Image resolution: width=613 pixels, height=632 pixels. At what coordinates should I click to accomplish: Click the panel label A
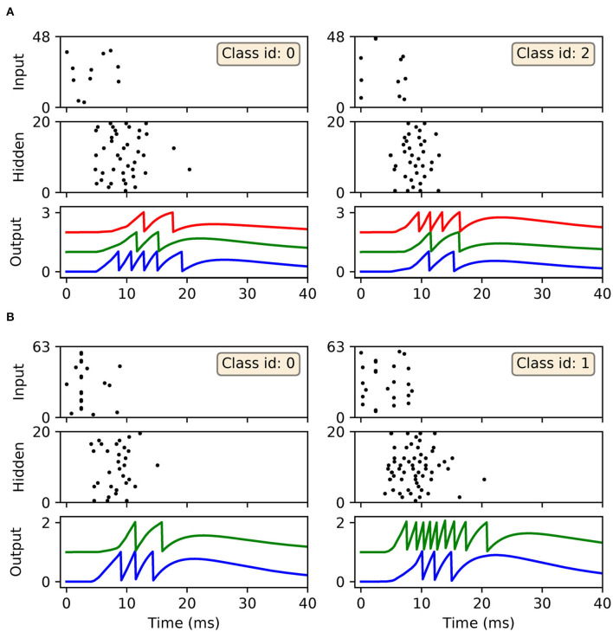point(10,11)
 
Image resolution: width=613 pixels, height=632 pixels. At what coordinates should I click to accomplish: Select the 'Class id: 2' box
point(549,54)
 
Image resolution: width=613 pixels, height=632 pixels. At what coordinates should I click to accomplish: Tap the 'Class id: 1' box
point(549,364)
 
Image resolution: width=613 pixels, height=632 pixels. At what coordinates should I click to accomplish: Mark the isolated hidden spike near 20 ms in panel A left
point(189,169)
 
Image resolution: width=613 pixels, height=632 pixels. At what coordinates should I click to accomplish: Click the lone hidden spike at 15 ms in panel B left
point(157,466)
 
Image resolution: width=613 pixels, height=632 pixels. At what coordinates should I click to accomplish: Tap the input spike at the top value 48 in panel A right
point(375,38)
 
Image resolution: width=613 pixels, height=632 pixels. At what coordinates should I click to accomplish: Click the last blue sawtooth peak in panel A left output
point(182,252)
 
